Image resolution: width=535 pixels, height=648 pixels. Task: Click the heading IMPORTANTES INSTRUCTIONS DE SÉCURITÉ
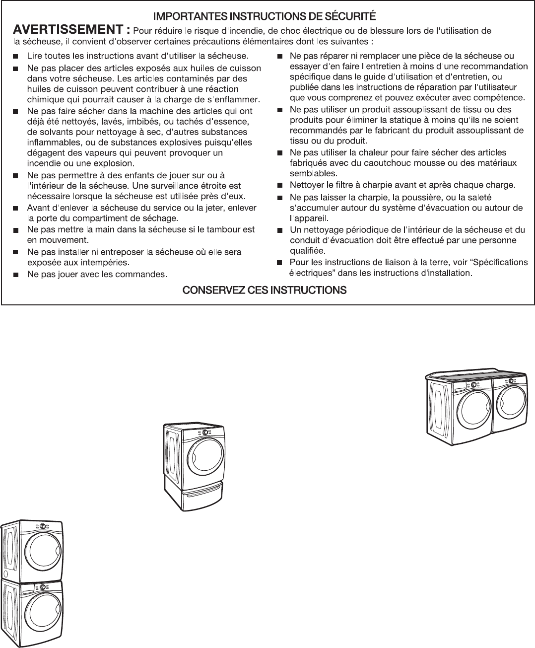pos(264,15)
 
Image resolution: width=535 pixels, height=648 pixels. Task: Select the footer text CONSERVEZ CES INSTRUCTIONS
pos(265,290)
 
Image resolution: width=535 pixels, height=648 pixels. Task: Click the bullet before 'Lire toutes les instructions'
pos(16,56)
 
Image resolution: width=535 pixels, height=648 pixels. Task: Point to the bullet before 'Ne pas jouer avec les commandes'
pos(16,274)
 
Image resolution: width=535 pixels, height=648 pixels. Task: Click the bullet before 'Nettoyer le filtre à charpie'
pos(279,186)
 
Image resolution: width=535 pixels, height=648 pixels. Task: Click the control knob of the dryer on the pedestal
pos(205,432)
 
